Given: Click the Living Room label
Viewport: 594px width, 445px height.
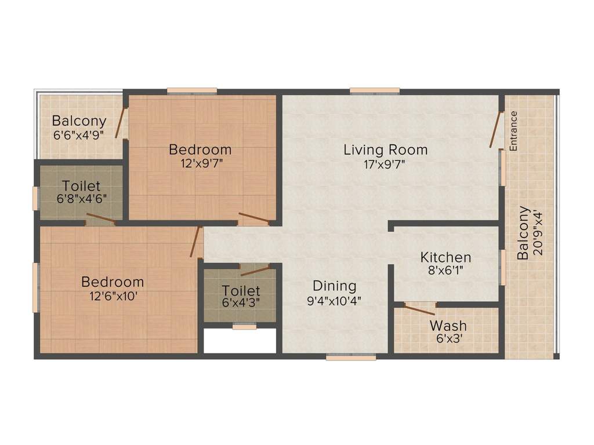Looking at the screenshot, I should click(x=385, y=149).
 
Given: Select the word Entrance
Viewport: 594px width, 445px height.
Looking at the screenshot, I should click(x=513, y=130).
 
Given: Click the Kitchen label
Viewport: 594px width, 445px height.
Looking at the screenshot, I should click(x=445, y=257).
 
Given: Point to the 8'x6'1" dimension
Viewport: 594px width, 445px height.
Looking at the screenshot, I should click(x=445, y=269).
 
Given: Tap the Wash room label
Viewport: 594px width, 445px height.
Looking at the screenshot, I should click(x=448, y=326).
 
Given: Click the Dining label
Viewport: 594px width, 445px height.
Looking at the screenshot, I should click(x=334, y=286).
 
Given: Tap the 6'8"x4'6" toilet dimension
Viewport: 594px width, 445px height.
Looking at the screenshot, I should click(x=81, y=199).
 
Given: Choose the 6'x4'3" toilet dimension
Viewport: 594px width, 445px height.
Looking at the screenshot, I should click(x=240, y=302).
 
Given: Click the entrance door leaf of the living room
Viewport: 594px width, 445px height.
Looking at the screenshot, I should click(x=494, y=131).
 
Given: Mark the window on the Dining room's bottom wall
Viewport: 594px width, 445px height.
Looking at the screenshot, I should click(x=350, y=358).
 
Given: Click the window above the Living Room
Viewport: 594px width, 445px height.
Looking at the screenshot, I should click(x=374, y=90).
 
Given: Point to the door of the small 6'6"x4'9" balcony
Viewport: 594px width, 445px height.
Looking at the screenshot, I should click(x=121, y=123).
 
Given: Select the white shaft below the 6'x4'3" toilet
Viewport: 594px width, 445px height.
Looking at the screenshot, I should click(x=240, y=341).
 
